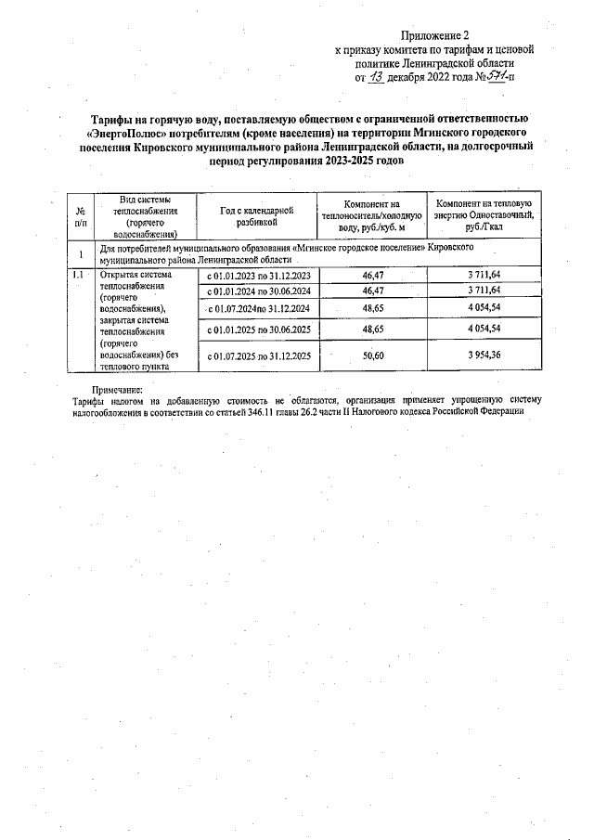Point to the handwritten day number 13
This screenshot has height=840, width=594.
click(377, 78)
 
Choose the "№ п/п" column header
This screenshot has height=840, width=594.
click(81, 217)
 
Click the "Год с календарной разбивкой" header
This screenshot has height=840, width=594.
click(256, 217)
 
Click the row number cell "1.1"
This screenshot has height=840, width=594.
click(81, 276)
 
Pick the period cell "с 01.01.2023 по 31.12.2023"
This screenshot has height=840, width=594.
click(258, 276)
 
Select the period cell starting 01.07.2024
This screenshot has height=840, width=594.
click(258, 308)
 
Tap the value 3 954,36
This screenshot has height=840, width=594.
click(483, 355)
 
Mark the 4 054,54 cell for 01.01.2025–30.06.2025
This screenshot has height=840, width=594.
click(483, 329)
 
